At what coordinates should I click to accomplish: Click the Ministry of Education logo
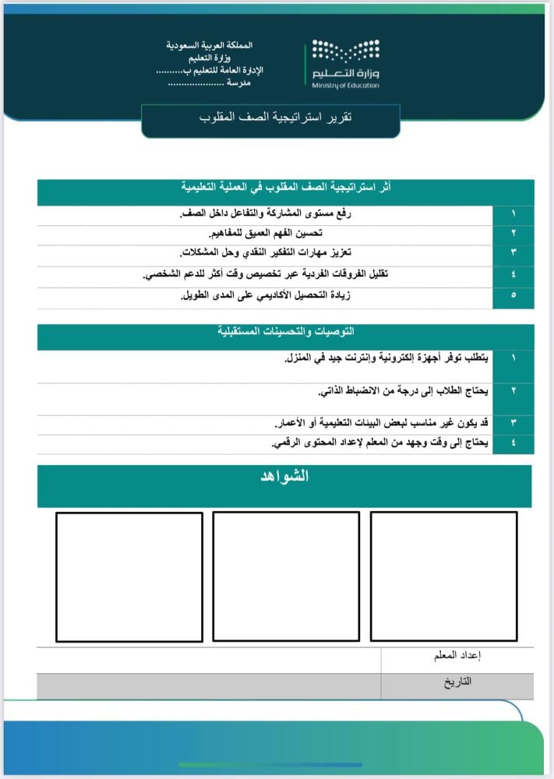coord(346,64)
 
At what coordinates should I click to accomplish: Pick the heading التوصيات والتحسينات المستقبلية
coord(286,331)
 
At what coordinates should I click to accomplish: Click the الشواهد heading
coord(284,477)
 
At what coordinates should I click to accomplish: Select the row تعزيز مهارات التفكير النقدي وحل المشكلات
coord(265,253)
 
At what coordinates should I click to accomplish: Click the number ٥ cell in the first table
coord(513,297)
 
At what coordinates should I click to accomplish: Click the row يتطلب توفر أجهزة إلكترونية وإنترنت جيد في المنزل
coord(386,358)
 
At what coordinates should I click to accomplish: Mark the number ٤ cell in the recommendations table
coord(513,443)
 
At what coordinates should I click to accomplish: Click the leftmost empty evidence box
coord(129,576)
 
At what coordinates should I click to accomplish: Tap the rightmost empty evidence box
coord(443,576)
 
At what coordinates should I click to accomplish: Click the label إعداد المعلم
coord(457,656)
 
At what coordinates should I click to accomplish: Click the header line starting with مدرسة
coord(215,82)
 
